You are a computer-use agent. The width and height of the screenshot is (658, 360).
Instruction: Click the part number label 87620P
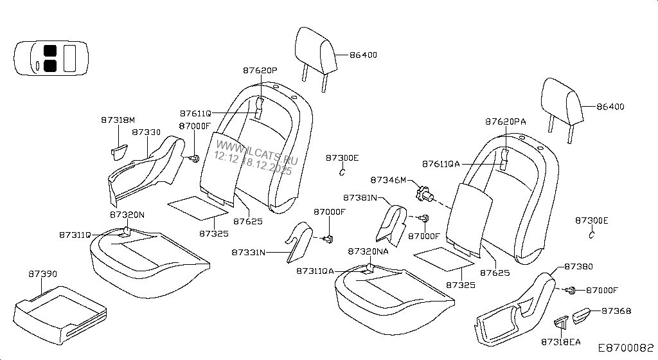pos(260,69)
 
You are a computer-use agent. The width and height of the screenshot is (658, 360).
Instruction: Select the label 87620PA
pos(505,121)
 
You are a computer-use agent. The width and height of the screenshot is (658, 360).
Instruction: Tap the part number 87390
pos(43,274)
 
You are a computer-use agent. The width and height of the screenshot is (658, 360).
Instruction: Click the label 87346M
pos(387,180)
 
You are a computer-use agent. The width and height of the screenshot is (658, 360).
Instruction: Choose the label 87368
pos(616,311)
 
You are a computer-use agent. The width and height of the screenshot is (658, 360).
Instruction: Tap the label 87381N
pos(360,197)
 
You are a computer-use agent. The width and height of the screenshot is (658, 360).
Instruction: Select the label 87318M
pos(118,120)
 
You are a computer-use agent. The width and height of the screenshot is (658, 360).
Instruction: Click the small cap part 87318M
pos(118,150)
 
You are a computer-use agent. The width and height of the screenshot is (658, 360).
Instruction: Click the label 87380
pos(578,266)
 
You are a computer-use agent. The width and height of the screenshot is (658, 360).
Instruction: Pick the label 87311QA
pos(315,271)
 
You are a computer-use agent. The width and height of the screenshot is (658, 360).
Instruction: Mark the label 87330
pos(146,132)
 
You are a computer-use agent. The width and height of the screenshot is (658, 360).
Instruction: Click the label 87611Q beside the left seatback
pos(195,113)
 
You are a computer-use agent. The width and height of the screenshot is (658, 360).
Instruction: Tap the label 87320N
pos(127,215)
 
